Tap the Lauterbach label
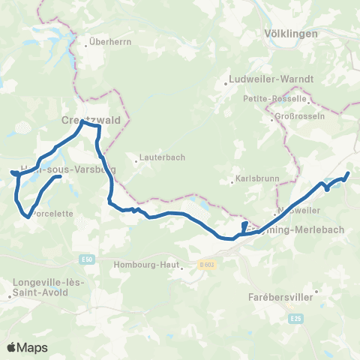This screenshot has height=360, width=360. tap(160, 157)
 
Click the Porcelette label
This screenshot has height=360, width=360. tap(53, 213)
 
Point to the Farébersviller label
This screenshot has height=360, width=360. tap(282, 297)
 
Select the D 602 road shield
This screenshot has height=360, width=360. tap(206, 263)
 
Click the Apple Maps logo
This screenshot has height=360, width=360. tap(26, 347)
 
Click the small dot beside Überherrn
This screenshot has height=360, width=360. tap(87, 43)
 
